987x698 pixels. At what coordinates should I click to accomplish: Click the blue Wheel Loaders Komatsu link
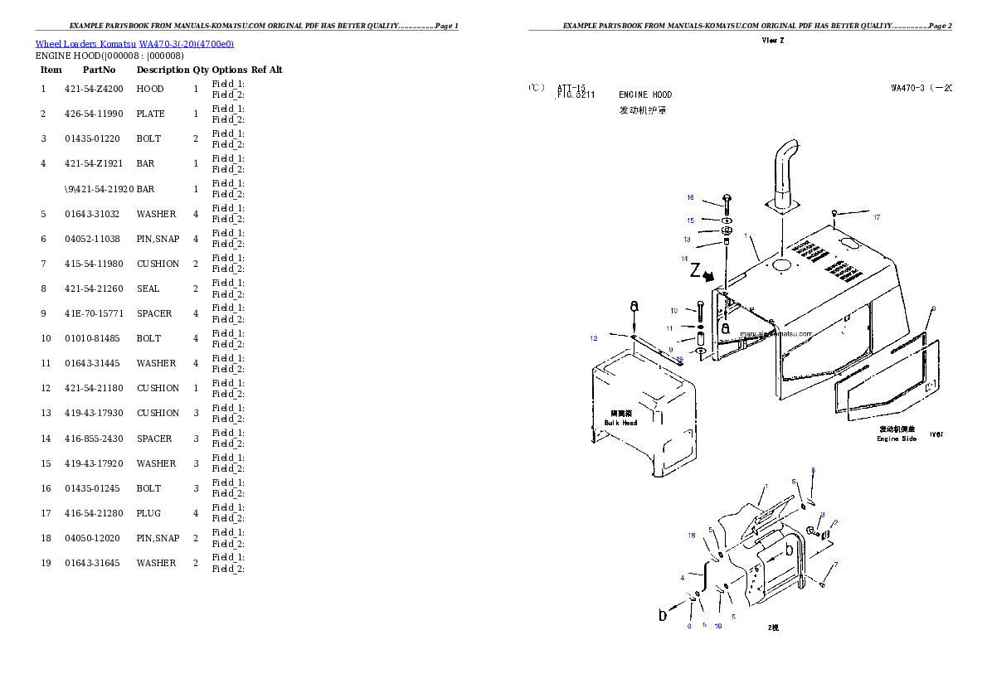pos(134,44)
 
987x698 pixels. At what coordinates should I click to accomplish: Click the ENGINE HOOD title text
pos(645,95)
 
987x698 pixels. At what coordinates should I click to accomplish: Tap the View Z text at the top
pos(773,41)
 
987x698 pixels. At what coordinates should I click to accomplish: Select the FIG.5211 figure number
pos(576,95)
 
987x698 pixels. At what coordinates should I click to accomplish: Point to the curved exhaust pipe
pos(784,170)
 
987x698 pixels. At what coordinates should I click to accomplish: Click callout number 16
pos(690,198)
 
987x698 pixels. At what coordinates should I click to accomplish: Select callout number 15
pos(690,221)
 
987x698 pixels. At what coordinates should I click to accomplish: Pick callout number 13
pos(687,240)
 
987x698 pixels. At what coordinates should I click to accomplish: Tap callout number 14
pos(685,259)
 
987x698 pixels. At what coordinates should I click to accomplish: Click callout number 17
pos(876,218)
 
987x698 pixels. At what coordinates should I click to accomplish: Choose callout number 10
pos(674,311)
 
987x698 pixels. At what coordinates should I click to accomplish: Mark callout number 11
pos(669,328)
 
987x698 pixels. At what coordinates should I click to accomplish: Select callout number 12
pos(594,338)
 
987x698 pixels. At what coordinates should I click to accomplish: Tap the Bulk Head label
pos(621,423)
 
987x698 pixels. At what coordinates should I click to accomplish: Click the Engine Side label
pos(897,439)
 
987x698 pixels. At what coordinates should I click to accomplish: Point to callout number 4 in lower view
pos(683,577)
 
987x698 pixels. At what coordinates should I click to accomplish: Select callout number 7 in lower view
pos(835,565)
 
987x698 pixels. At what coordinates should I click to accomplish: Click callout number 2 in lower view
pos(835,522)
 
